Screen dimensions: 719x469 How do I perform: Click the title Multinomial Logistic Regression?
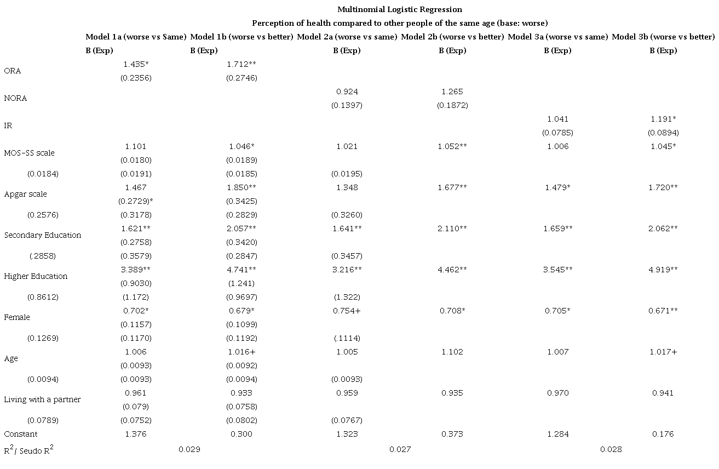tap(399, 9)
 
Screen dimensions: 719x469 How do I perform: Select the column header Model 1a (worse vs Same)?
tap(136, 37)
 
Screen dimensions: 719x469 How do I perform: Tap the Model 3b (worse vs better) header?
tap(663, 37)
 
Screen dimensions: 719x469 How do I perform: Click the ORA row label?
tap(12, 71)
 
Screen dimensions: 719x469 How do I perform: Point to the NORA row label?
tap(15, 98)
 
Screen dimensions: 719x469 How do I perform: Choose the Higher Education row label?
tap(36, 276)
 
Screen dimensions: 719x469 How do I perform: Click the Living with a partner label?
tap(42, 399)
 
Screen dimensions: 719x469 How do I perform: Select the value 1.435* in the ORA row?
tap(136, 64)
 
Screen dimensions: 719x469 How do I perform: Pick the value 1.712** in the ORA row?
tap(241, 64)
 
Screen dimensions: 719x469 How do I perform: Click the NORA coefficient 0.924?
tap(347, 91)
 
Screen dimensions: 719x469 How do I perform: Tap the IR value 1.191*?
tap(663, 119)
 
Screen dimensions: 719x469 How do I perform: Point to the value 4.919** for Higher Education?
tap(663, 270)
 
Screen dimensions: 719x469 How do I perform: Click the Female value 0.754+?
tap(347, 311)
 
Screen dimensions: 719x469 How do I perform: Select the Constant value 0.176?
tap(663, 434)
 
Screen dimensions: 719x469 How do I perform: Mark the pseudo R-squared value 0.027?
tap(400, 449)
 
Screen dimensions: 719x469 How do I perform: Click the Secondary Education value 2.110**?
tap(452, 228)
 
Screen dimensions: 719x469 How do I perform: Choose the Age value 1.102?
tap(452, 352)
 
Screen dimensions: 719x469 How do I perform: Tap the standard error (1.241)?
tap(241, 283)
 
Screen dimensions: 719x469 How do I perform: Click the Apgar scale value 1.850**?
tap(241, 187)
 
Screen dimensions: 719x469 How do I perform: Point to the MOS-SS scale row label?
tap(29, 153)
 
